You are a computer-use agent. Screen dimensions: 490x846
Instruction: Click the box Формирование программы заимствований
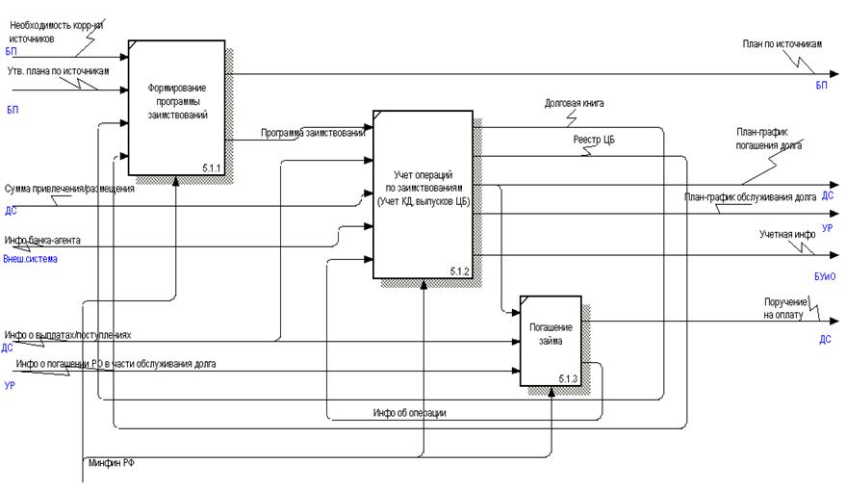click(x=176, y=107)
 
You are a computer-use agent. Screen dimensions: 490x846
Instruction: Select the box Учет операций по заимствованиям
click(x=423, y=193)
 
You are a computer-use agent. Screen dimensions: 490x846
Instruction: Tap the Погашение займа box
click(x=551, y=340)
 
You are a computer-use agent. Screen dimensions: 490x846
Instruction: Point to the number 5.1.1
click(x=212, y=168)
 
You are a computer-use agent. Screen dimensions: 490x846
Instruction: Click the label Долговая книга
click(x=574, y=102)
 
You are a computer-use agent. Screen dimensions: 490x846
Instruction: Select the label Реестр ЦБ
click(x=594, y=140)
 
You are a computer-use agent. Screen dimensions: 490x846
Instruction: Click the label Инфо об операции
click(x=409, y=412)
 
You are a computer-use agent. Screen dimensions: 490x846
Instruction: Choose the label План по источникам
click(x=782, y=43)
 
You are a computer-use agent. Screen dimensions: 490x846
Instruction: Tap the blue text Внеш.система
click(x=31, y=259)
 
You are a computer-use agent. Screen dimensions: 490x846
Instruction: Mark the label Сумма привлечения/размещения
click(x=69, y=189)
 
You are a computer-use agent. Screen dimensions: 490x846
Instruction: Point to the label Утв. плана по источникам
click(x=58, y=71)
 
